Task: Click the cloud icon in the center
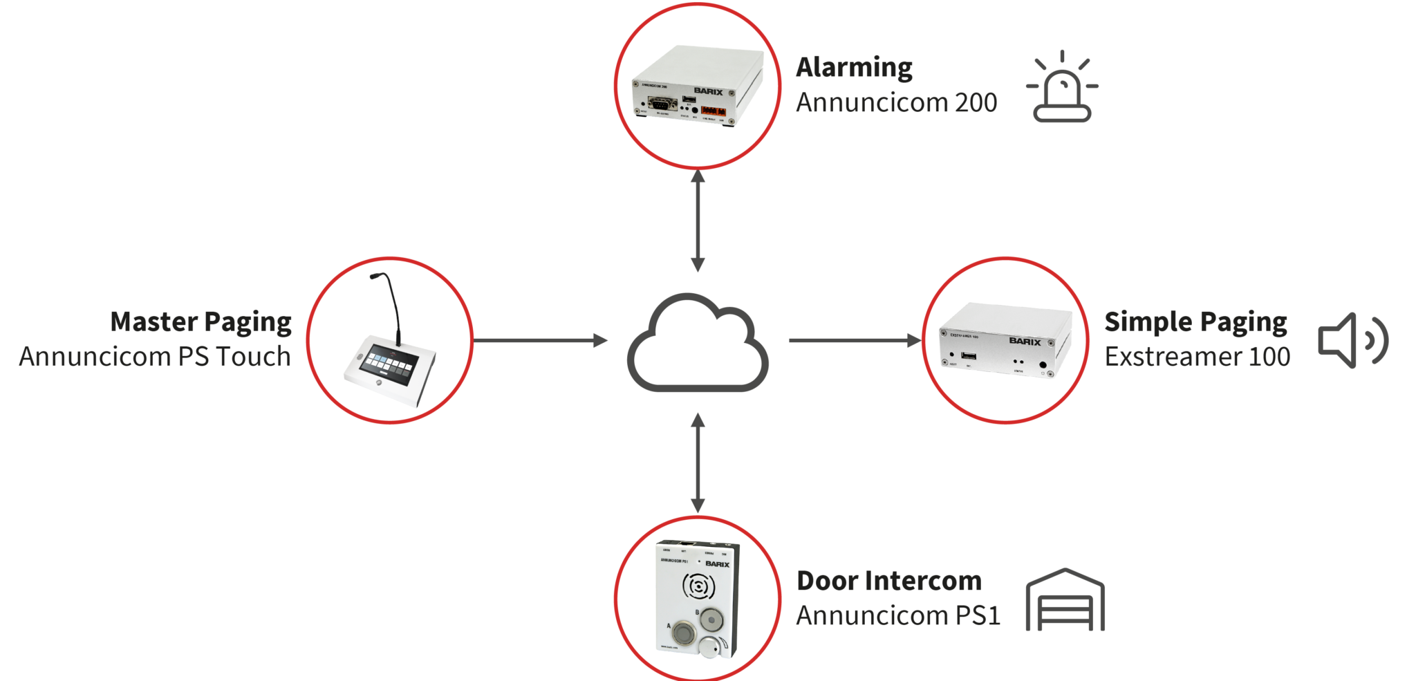point(697,344)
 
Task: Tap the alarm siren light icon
point(1062,88)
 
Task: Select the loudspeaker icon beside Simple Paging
point(1352,340)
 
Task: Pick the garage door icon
point(1065,600)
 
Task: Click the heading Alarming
point(854,68)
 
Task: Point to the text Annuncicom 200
point(896,102)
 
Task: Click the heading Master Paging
point(201,322)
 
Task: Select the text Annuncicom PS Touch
point(155,357)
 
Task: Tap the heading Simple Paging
point(1195,322)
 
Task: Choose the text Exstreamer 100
point(1197,357)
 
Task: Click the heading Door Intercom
point(888,581)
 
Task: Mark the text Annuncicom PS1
point(898,615)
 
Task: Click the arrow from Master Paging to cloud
point(540,340)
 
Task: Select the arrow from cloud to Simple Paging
point(855,340)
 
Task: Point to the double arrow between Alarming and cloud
point(698,221)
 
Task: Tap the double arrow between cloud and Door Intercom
point(698,463)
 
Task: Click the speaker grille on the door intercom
point(698,587)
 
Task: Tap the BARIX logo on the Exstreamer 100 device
point(1024,342)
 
